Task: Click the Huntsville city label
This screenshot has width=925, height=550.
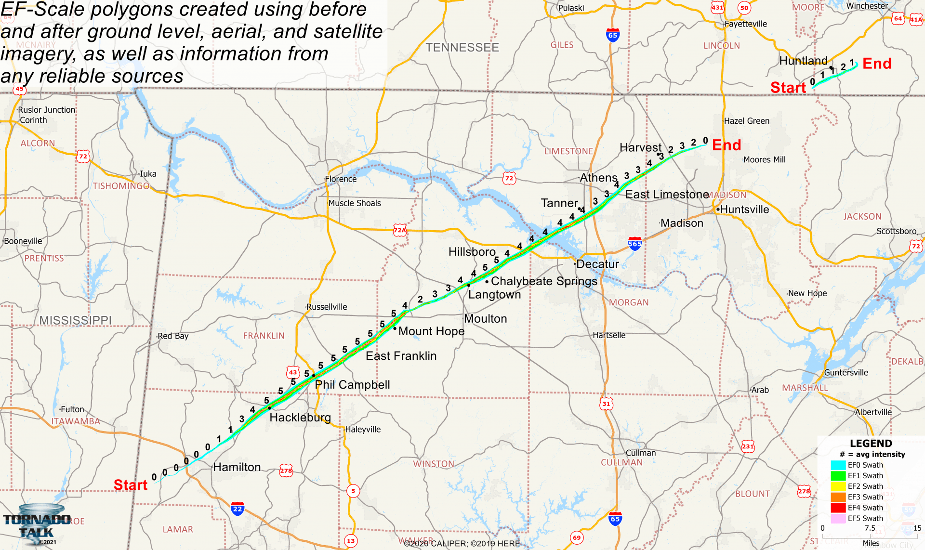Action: (x=744, y=210)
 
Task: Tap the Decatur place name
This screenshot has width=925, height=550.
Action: (x=597, y=264)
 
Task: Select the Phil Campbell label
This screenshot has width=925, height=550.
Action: (x=352, y=384)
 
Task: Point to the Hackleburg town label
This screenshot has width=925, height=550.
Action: (x=300, y=417)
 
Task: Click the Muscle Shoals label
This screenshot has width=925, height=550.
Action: (x=355, y=203)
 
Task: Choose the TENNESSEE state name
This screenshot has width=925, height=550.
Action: (x=462, y=47)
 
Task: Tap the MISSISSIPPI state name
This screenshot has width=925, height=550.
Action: (x=75, y=320)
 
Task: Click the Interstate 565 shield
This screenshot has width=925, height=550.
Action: (x=635, y=243)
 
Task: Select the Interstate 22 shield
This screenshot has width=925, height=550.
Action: (x=238, y=509)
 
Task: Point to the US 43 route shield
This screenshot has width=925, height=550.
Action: (x=293, y=372)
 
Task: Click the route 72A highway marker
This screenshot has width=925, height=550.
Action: (x=400, y=230)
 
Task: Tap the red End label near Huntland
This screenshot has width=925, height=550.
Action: (x=877, y=64)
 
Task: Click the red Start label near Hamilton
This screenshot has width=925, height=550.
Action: (x=131, y=485)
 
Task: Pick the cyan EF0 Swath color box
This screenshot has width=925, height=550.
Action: (x=838, y=465)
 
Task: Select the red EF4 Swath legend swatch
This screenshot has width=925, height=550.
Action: (x=838, y=508)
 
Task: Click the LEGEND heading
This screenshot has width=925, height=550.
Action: (x=871, y=444)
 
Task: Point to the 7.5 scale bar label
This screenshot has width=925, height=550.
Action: (x=870, y=528)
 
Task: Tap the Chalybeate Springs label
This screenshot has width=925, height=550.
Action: (x=544, y=281)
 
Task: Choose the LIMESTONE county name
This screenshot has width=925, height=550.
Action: (x=568, y=151)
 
